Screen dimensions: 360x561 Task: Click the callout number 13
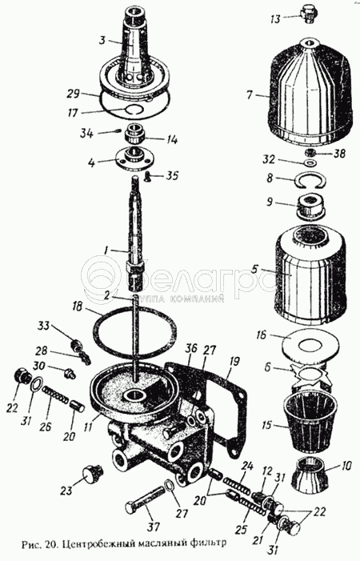pos(275,18)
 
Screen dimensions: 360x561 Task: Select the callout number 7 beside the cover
pos(249,94)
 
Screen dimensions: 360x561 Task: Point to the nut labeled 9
pos(310,206)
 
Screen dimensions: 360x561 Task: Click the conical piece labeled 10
pos(310,475)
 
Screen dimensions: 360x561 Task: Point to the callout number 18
pos(79,307)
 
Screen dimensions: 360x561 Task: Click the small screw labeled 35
pos(148,175)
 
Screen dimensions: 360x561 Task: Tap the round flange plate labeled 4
pos(134,158)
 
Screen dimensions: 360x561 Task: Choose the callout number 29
pos(74,94)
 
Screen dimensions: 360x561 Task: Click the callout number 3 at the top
pos(102,40)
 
